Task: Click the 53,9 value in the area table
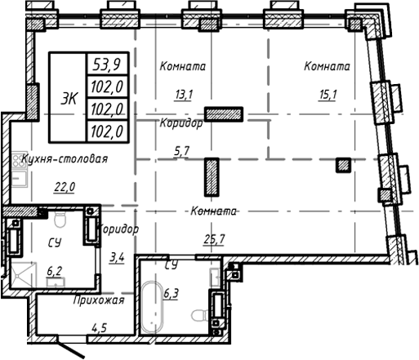[x=105, y=64]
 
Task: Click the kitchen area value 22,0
[x=63, y=187]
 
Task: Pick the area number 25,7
[x=213, y=238]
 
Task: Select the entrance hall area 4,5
[x=100, y=329]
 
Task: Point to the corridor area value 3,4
[x=117, y=259]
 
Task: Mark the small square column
[x=344, y=166]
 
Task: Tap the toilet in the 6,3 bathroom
[x=198, y=316]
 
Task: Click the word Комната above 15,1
[x=327, y=66]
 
